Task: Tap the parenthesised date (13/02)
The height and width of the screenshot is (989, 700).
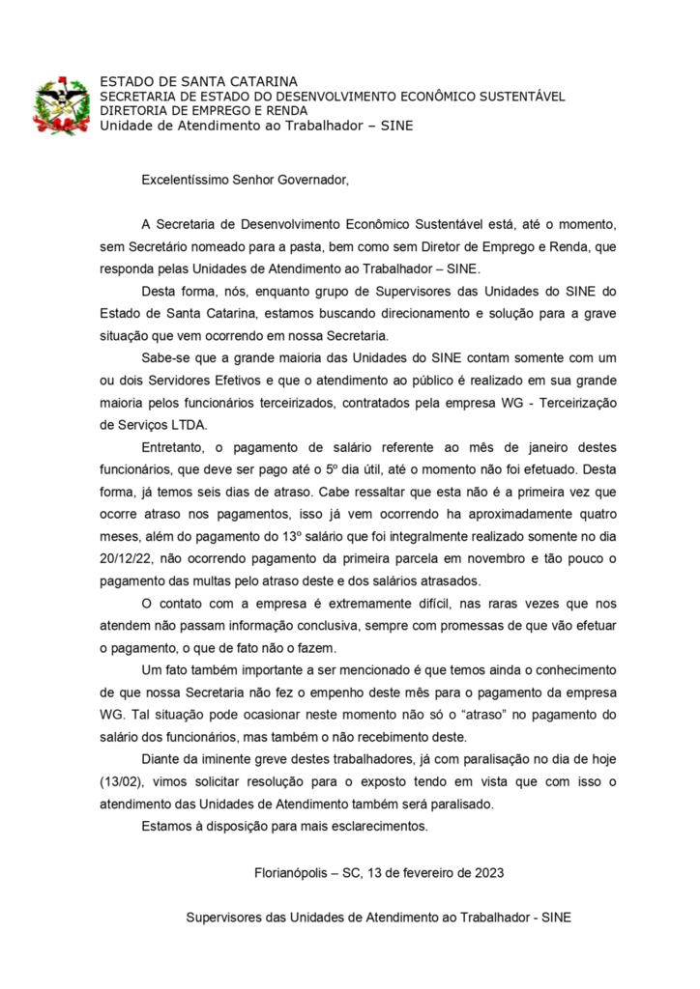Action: pos(119,781)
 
